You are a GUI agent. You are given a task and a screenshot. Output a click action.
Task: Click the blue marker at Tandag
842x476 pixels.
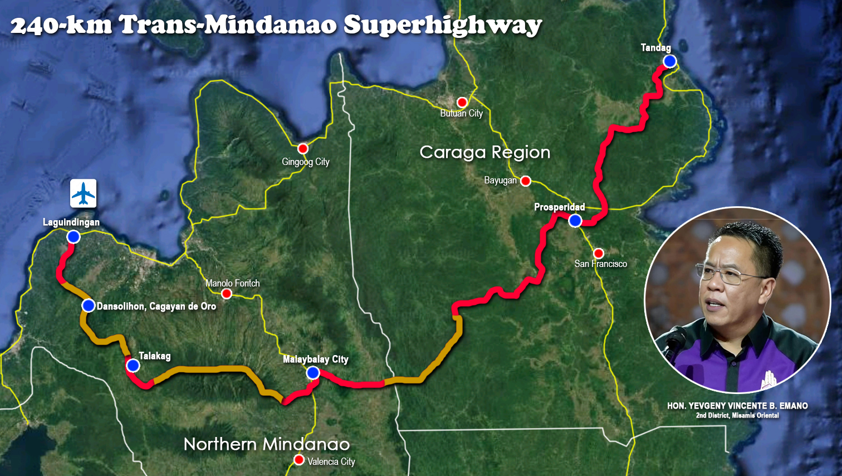point(669,61)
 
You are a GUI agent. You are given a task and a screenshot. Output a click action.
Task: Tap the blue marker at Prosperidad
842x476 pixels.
point(575,221)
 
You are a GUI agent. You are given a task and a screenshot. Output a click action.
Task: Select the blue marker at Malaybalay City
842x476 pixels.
point(313,372)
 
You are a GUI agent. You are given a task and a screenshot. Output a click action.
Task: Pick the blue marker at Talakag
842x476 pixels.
point(133,366)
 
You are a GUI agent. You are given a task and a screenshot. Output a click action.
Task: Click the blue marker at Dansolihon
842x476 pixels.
point(88,305)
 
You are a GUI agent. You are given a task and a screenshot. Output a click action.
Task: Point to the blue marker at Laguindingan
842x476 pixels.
point(73,237)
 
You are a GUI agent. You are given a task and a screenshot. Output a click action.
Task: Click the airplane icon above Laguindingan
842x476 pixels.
point(84,193)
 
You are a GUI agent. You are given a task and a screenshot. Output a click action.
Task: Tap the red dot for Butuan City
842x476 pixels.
point(462,102)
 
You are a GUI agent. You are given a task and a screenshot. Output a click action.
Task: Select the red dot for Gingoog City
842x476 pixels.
point(302,148)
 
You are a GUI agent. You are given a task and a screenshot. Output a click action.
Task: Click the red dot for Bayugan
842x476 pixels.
point(525,181)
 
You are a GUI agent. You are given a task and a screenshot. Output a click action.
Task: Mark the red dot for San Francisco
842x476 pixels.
point(598,253)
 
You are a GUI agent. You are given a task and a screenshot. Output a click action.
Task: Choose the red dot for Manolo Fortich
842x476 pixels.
point(226,293)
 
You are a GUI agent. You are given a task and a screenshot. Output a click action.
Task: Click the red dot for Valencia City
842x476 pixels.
point(299,460)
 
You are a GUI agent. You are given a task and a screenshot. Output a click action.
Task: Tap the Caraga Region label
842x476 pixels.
point(484,152)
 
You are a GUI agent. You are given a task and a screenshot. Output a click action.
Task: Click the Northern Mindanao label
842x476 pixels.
point(267,444)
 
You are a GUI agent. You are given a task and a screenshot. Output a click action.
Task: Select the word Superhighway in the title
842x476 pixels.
point(443,26)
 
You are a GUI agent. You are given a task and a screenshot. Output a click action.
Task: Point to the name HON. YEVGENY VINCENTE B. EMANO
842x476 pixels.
point(737,406)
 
